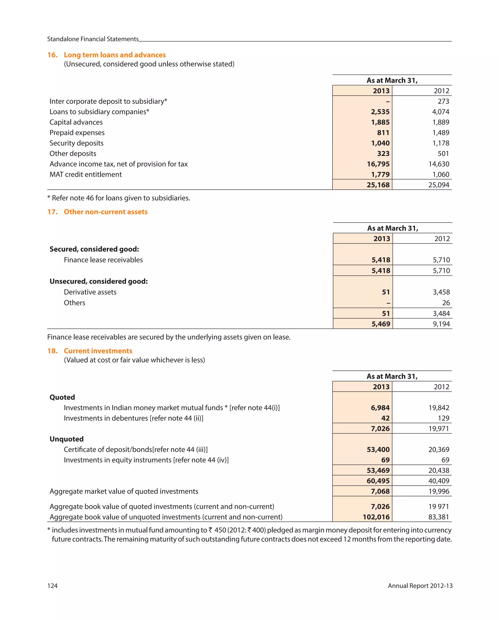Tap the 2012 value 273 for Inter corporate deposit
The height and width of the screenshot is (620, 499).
pos(443,101)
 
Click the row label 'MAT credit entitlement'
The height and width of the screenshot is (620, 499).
pos(86,175)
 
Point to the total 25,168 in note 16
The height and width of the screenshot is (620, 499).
pos(378,185)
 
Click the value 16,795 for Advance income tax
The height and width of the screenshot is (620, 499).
pos(378,164)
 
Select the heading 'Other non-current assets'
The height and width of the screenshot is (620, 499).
pos(106,212)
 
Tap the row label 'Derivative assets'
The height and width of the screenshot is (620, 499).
pos(90,292)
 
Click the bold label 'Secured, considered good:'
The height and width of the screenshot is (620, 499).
pos(94,249)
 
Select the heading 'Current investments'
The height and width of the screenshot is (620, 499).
pos(98,351)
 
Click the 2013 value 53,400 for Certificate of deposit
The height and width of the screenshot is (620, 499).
pos(378,450)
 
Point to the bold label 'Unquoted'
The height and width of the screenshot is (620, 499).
pos(67,439)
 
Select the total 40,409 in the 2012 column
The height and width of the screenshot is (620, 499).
pos(439,481)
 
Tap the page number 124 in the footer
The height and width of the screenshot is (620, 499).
pos(52,586)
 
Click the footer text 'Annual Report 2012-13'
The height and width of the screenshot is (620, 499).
pos(420,586)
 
